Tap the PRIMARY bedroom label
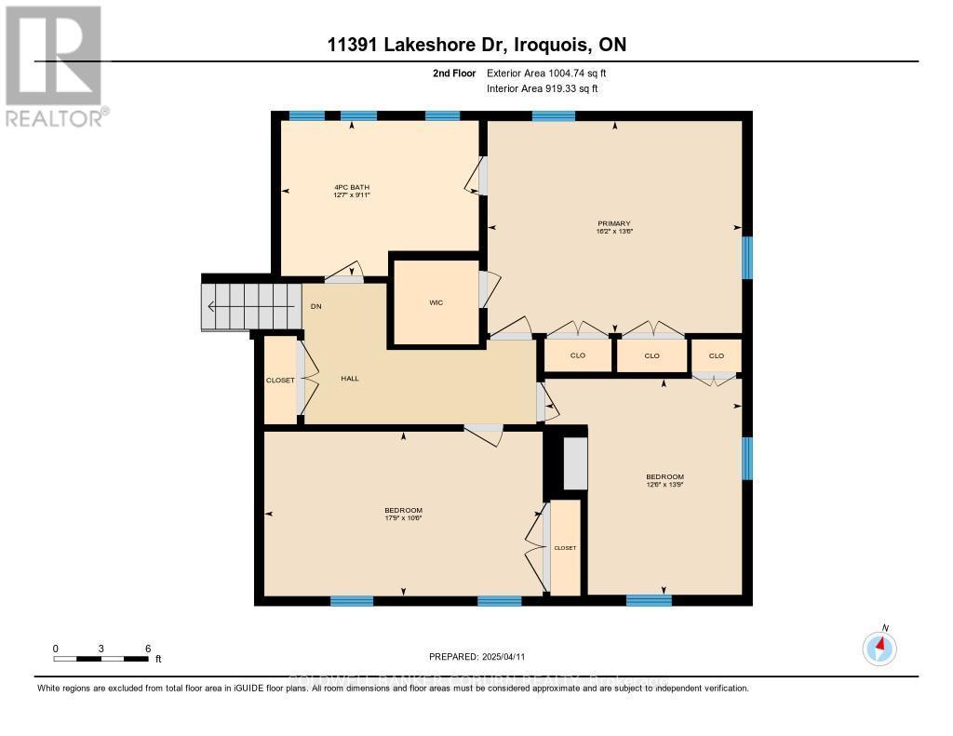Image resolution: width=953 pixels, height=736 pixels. tap(614, 223)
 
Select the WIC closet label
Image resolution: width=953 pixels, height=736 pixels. tap(436, 303)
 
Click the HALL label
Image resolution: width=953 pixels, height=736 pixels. tap(350, 379)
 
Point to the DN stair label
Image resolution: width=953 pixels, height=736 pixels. tap(316, 306)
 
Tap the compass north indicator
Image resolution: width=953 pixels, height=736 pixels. tap(879, 646)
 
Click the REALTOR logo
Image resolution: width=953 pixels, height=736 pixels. tap(54, 65)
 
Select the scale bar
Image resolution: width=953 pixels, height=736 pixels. tap(101, 659)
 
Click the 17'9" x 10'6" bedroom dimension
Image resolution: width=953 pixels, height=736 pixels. tap(404, 518)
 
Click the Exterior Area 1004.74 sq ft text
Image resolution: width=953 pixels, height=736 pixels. tap(547, 73)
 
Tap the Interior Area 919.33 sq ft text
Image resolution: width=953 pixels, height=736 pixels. tap(543, 89)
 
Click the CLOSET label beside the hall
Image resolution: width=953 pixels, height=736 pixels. tap(280, 381)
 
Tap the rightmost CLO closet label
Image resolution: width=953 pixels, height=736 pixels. tap(716, 355)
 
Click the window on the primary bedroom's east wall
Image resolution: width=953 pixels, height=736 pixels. tap(746, 258)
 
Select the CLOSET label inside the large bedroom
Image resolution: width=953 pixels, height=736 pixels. tap(565, 548)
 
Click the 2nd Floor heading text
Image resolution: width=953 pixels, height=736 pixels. tap(455, 73)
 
